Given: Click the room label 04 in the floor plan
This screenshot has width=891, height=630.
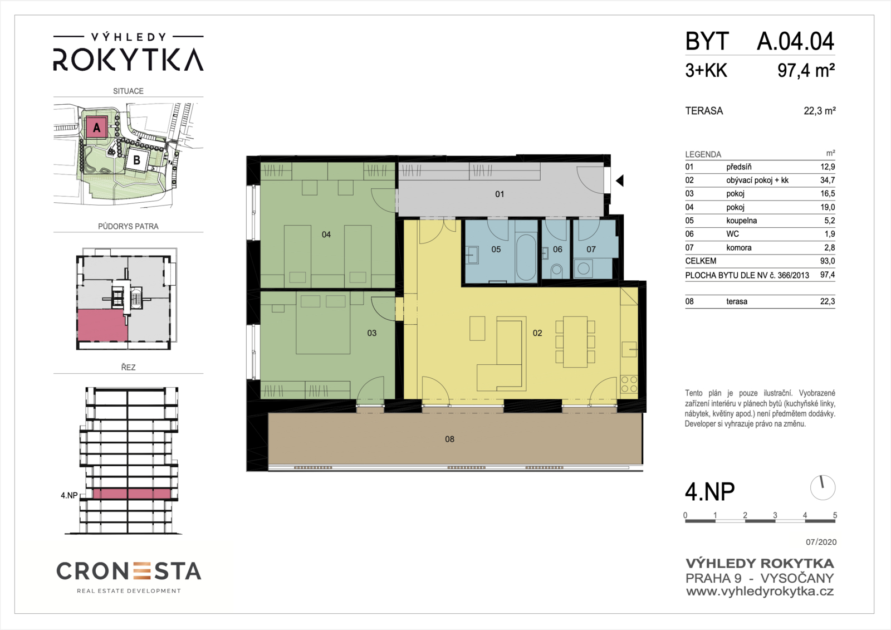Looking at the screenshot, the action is pos(326,235).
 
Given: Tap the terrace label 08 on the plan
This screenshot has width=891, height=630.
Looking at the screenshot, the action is pos(449,439).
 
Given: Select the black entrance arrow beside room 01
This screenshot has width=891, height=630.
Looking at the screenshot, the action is pos(620,180).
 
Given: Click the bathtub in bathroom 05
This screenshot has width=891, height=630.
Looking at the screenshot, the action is pos(526,257).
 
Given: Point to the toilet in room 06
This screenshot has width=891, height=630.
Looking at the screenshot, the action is pos(556,271).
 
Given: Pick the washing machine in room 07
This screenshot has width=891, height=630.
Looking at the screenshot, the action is pos(584,268).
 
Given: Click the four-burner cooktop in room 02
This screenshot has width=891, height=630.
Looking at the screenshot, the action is pos(629,384).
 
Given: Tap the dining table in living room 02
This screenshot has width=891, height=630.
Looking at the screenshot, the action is pos(575,341).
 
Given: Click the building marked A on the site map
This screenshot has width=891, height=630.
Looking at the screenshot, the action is pos(96,128).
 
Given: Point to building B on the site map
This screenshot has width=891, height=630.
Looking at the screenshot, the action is pos(137,160).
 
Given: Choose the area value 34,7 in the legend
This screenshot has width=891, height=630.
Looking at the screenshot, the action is pos(828,180).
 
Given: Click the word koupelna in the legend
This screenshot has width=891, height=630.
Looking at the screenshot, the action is pos(741,221).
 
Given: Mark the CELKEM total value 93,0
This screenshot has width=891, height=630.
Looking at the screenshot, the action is pos(828,261).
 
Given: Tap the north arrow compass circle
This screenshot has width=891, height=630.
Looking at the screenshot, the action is pos(823,487).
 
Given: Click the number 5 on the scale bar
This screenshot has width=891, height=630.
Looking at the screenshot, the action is pos(835,515).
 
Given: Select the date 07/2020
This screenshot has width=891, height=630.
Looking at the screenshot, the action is pos(821,542).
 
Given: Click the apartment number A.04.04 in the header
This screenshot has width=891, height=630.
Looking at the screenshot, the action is pos(795,41).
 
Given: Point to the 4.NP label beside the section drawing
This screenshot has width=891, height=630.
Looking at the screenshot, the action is pos(69,496).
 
